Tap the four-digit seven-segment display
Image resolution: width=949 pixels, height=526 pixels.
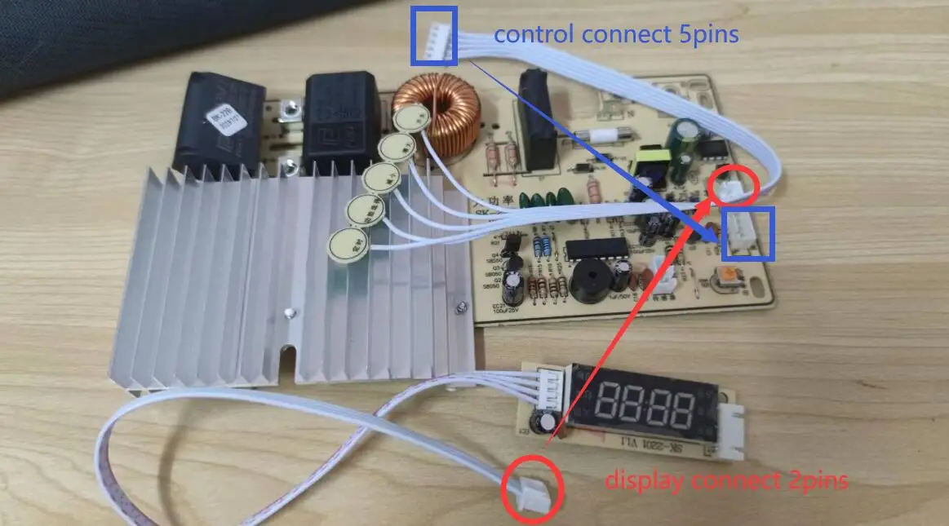click(648, 402)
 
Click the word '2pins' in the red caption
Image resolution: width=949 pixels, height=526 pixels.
click(812, 481)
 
